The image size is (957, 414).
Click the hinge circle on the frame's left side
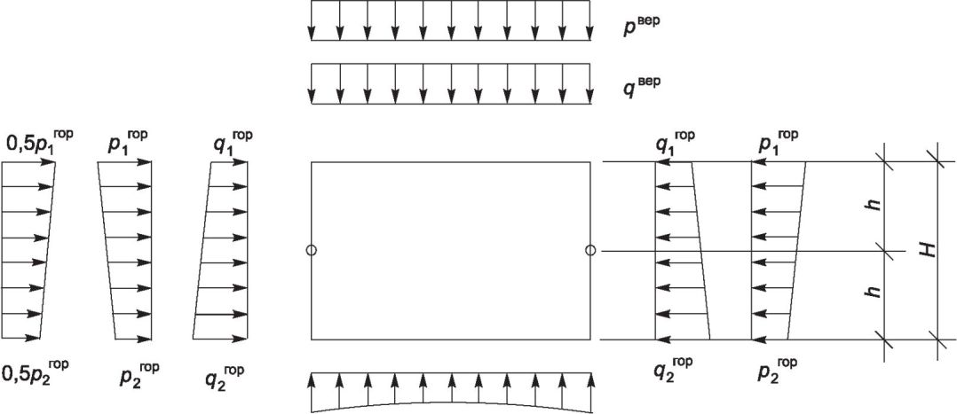pyautogui.click(x=311, y=250)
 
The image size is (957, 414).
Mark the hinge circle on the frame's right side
pyautogui.click(x=590, y=250)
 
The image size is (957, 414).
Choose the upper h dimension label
pyautogui.click(x=875, y=205)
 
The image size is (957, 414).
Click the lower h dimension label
pyautogui.click(x=875, y=292)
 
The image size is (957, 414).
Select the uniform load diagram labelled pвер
pyautogui.click(x=450, y=21)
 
